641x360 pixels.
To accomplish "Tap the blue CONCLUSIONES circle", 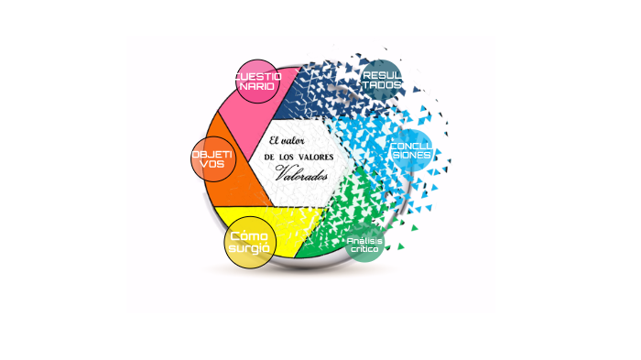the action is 409,151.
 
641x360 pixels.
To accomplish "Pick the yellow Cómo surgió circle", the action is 250,242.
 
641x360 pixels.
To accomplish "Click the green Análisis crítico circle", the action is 364,245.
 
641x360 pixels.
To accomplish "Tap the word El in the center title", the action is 277,140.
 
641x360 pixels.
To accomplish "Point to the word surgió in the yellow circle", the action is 250,248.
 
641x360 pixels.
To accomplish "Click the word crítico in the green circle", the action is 364,250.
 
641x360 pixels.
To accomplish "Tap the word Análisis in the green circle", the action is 364,240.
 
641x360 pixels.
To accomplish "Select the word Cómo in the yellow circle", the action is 250,235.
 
